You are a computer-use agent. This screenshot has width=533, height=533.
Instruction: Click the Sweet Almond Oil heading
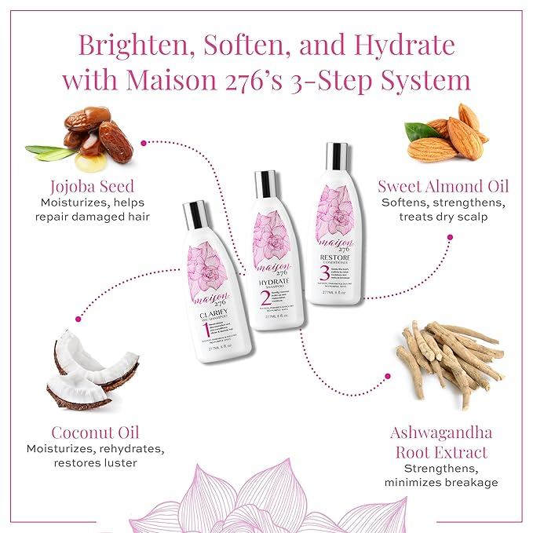[x=443, y=186]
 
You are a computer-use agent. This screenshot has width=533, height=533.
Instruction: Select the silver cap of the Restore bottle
[x=337, y=155]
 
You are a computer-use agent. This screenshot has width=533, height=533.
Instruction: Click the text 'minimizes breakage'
[x=441, y=482]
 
